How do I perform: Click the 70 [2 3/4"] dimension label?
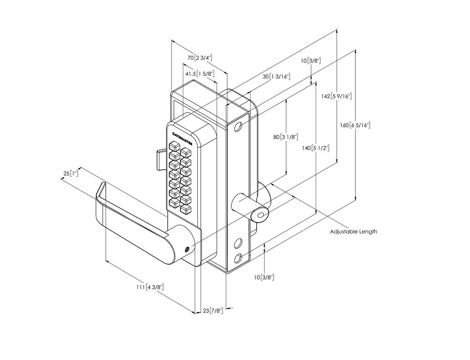click(200, 58)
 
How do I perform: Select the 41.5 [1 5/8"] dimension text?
click(199, 73)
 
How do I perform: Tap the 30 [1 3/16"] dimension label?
click(276, 76)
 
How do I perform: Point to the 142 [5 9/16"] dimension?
click(336, 96)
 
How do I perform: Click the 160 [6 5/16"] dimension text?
click(355, 125)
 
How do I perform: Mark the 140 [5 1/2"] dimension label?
click(316, 148)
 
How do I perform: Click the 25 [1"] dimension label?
click(70, 173)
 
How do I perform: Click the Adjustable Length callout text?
click(353, 231)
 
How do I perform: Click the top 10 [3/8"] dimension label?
click(311, 60)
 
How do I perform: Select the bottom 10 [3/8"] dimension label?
click(264, 277)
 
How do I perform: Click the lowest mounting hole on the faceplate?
click(239, 257)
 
